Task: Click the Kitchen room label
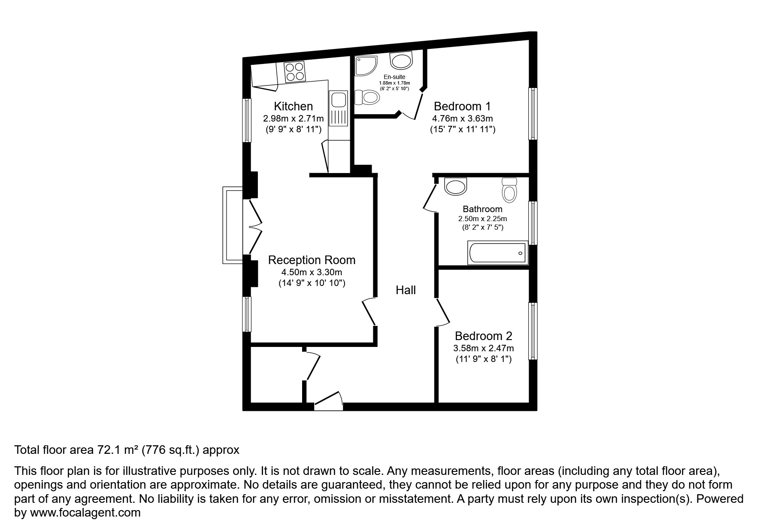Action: [294, 106]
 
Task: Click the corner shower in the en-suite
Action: [364, 67]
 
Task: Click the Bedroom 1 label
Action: [462, 106]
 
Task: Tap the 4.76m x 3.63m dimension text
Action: [462, 118]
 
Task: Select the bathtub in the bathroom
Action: [497, 253]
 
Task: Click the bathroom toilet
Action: [509, 190]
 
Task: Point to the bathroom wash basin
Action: [455, 187]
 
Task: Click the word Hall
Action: [406, 290]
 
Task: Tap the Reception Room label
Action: [312, 260]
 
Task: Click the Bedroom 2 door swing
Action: [443, 312]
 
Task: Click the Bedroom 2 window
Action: [533, 331]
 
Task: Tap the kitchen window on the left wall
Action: [247, 120]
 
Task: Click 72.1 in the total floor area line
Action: [108, 450]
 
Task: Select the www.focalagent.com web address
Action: [85, 513]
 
